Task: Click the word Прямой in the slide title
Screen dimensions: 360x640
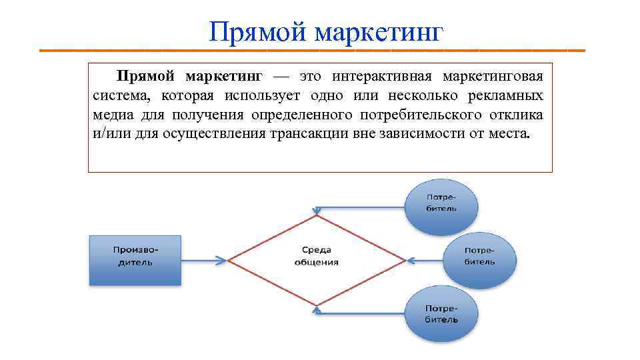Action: point(255,31)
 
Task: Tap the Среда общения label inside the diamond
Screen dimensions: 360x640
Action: point(317,256)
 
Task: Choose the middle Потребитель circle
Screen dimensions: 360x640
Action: point(479,257)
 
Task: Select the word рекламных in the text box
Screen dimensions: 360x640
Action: point(507,95)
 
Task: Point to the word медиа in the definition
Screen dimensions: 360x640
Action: point(113,114)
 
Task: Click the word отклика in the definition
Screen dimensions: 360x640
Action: point(517,114)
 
